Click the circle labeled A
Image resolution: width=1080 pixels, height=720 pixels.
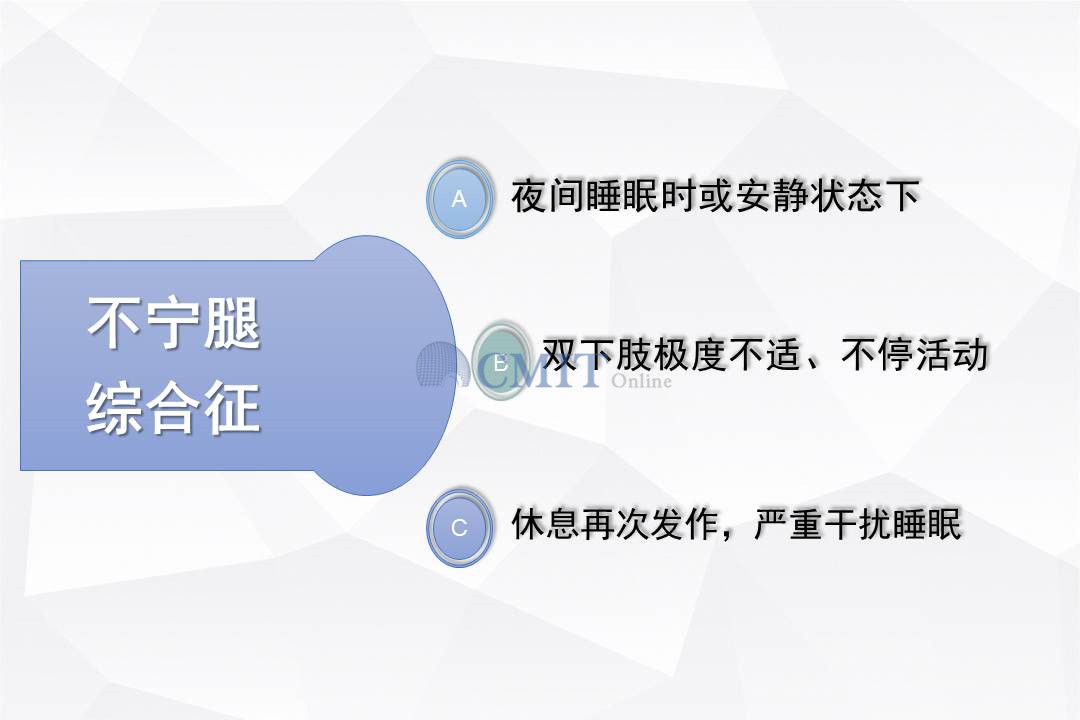click(459, 198)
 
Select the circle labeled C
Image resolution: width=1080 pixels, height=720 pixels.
click(459, 528)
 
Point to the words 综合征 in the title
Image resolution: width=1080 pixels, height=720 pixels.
click(174, 408)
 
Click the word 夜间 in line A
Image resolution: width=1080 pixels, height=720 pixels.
click(548, 196)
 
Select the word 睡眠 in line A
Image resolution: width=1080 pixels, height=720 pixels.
click(622, 196)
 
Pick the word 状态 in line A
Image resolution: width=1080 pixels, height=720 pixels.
click(846, 196)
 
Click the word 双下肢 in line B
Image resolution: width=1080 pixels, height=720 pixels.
click(596, 354)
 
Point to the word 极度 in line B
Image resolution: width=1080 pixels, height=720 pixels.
click(689, 354)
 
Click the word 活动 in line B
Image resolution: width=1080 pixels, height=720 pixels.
click(952, 354)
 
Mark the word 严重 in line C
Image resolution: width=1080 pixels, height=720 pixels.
click(789, 524)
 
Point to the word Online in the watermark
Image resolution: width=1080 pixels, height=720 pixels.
click(641, 381)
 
